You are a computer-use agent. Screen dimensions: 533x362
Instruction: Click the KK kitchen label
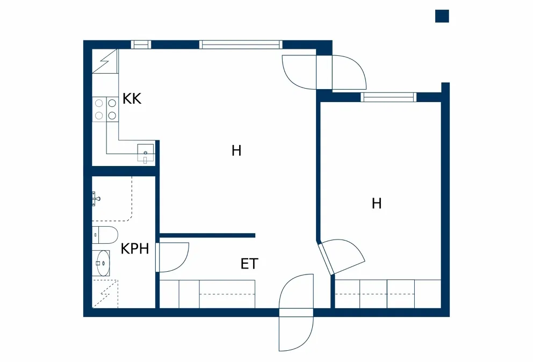point(132,99)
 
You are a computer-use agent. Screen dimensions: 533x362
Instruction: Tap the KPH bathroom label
point(135,249)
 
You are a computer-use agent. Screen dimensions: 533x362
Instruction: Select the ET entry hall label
point(249,264)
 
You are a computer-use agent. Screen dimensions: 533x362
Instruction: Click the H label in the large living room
point(236,150)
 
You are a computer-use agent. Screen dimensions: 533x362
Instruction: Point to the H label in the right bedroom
point(377,203)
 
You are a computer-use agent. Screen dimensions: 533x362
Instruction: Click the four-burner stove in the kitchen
point(105,110)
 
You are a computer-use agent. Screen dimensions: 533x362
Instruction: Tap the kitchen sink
point(146,153)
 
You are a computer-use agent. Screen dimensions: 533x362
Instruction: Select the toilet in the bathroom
point(105,235)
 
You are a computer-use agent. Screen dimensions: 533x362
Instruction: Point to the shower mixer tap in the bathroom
point(96,199)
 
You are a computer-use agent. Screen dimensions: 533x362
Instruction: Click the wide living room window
point(241,45)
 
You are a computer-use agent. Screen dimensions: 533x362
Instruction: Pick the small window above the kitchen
point(141,45)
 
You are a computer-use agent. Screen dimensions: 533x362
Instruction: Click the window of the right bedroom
point(388,97)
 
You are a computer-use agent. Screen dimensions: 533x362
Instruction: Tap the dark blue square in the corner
point(442,16)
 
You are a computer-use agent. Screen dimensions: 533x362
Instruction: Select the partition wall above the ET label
point(207,235)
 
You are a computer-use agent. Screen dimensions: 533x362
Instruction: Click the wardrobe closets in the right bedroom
point(388,294)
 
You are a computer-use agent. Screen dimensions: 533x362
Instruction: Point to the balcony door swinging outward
point(349,73)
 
